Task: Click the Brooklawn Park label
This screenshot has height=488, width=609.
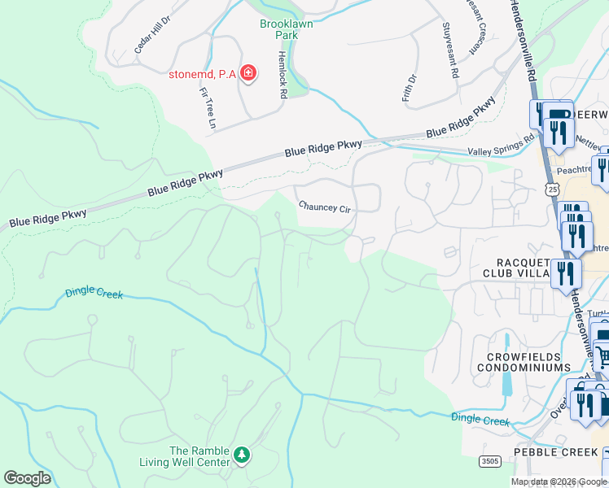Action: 286,30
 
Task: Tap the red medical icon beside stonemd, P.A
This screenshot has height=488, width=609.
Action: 248,75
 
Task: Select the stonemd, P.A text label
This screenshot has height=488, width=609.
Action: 202,75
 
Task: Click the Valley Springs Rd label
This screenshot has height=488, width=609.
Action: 501,146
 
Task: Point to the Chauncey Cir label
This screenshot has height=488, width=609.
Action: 324,207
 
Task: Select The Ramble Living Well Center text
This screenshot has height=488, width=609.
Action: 199,457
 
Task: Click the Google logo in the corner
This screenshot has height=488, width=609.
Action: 27,478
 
